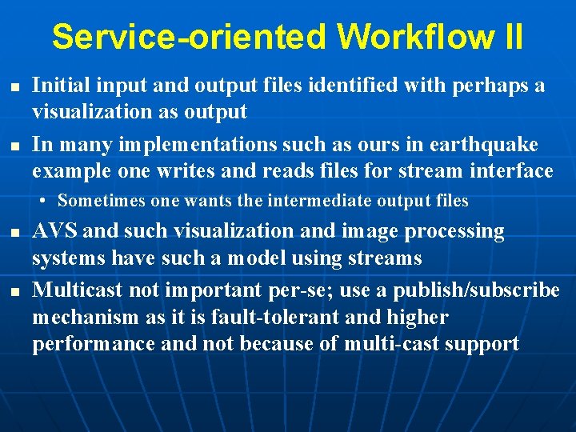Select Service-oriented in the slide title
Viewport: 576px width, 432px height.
[189, 37]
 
